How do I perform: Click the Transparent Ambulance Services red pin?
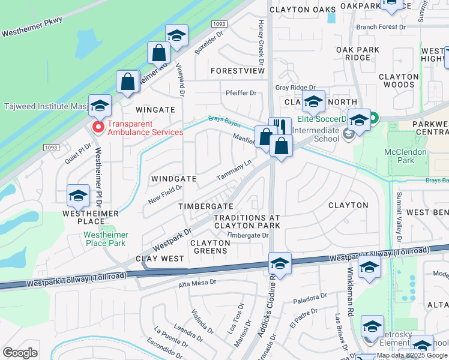click(x=97, y=128)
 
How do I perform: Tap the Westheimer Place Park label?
click(x=105, y=239)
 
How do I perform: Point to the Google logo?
click(x=20, y=353)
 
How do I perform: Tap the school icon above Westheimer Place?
click(x=78, y=195)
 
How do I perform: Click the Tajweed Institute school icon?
click(x=100, y=106)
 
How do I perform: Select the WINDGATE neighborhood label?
click(x=174, y=179)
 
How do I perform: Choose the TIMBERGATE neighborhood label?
click(x=206, y=206)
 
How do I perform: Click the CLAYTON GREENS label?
click(x=211, y=247)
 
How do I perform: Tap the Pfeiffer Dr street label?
click(x=241, y=93)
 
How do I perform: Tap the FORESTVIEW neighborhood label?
click(x=238, y=71)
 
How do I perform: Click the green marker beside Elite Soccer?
click(x=373, y=119)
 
